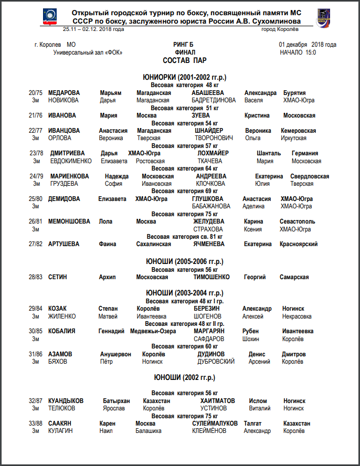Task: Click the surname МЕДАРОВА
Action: pos(64,93)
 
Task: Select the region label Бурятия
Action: pos(294,93)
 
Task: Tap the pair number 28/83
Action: pos(36,277)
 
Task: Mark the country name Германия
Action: pos(305,153)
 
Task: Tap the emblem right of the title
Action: pos(323,17)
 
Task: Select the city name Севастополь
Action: pos(298,221)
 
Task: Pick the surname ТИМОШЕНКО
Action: pos(211,277)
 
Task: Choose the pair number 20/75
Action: pos(36,93)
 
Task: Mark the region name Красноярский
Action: pos(299,244)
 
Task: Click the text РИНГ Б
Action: pos(183,45)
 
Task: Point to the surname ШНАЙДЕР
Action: pos(209,131)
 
